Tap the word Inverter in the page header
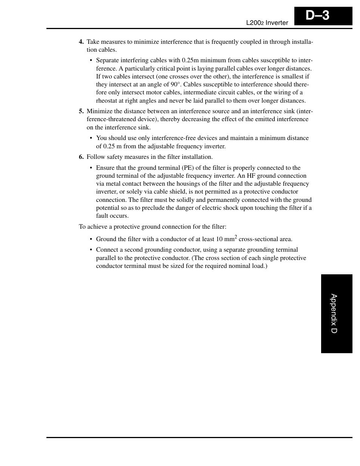[277, 23]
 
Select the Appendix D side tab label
[334, 314]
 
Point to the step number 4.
[81, 42]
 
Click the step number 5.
[81, 111]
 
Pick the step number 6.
[81, 157]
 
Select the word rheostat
[107, 101]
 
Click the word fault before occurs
[103, 216]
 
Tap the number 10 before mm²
[219, 239]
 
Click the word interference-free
[174, 138]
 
